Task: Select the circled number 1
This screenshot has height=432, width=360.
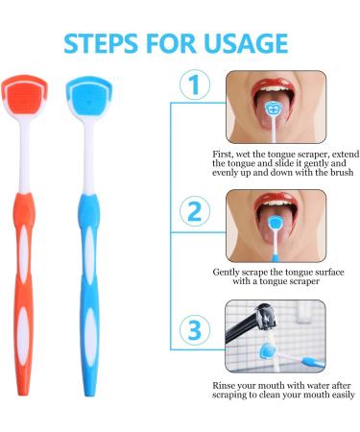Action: [x=196, y=86]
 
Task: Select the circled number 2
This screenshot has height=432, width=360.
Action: [x=196, y=209]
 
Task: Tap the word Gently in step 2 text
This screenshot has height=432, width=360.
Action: [x=229, y=272]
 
